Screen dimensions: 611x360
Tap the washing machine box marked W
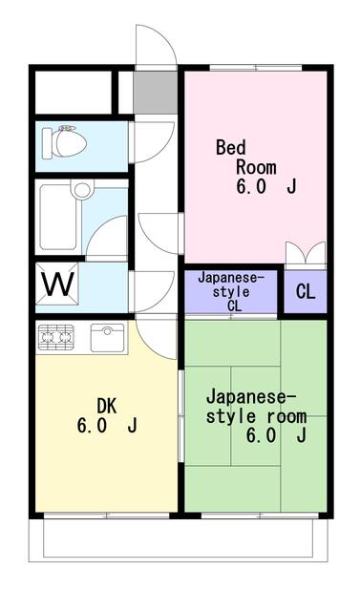56,284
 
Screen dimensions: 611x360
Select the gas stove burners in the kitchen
55,335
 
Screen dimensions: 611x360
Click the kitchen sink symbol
107,337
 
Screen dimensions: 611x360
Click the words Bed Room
237,157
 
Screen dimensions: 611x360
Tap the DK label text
105,406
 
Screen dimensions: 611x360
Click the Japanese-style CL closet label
232,291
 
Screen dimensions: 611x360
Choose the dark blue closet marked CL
305,292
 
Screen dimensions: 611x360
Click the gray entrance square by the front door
150,91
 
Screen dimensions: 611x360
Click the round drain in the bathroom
82,190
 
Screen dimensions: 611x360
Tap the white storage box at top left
73,91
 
